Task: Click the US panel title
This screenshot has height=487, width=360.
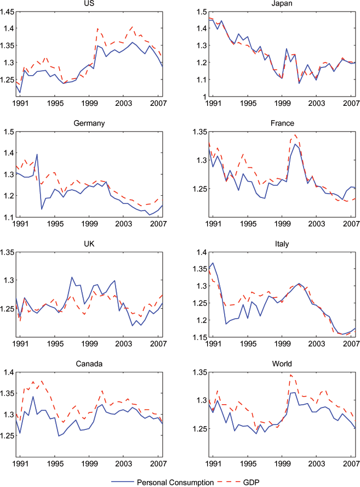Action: click(x=89, y=4)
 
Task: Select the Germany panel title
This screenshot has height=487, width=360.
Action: click(x=89, y=124)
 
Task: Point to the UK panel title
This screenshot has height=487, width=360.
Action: click(x=89, y=244)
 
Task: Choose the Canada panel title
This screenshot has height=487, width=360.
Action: click(x=89, y=364)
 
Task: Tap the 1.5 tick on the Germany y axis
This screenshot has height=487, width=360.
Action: click(x=10, y=132)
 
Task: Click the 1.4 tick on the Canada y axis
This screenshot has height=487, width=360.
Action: click(x=10, y=372)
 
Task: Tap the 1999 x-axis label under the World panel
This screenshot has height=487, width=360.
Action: click(x=282, y=463)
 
